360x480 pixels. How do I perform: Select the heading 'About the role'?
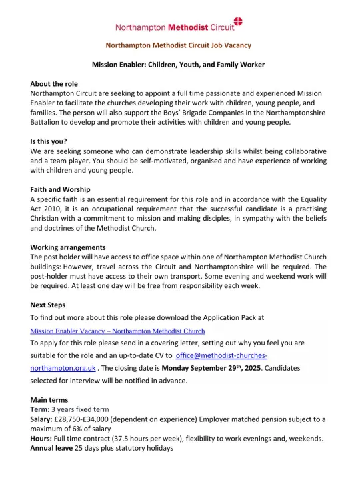click(x=54, y=84)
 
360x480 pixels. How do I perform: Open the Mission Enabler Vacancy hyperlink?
click(x=118, y=331)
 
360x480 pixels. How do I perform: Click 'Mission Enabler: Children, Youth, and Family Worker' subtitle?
click(x=178, y=65)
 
